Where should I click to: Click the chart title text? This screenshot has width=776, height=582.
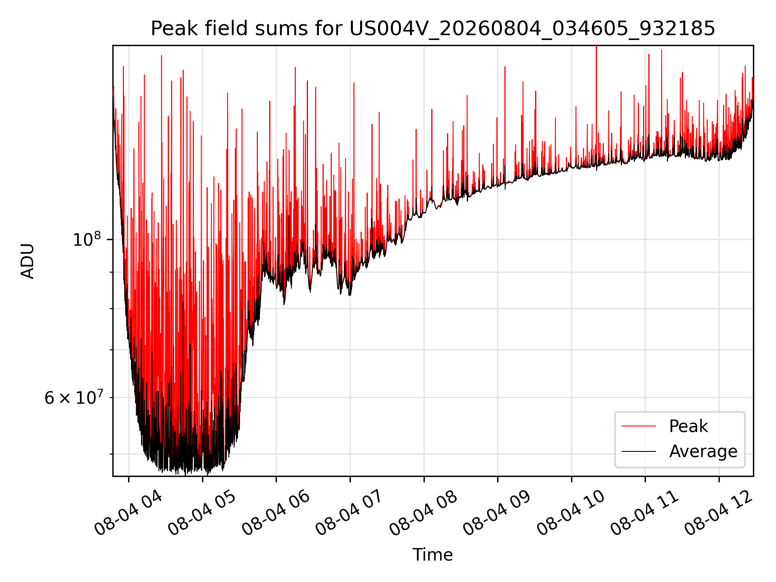click(433, 29)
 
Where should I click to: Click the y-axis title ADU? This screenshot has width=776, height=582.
click(27, 261)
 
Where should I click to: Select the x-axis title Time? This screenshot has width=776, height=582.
click(432, 555)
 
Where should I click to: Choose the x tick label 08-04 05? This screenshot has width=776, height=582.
click(202, 513)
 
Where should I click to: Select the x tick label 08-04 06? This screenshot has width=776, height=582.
click(276, 513)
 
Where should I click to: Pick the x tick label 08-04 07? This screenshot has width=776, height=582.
click(350, 513)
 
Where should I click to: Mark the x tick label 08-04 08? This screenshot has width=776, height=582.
click(424, 513)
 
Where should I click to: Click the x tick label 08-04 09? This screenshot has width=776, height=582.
click(497, 513)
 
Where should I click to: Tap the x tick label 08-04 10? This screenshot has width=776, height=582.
click(571, 513)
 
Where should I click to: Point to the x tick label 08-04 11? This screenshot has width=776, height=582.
click(645, 513)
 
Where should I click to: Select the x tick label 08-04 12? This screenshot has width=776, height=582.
click(719, 513)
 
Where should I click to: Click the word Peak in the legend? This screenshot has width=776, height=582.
click(688, 426)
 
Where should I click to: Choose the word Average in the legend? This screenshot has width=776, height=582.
click(703, 451)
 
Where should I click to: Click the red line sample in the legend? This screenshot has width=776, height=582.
click(639, 426)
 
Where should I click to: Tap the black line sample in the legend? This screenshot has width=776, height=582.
click(639, 451)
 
